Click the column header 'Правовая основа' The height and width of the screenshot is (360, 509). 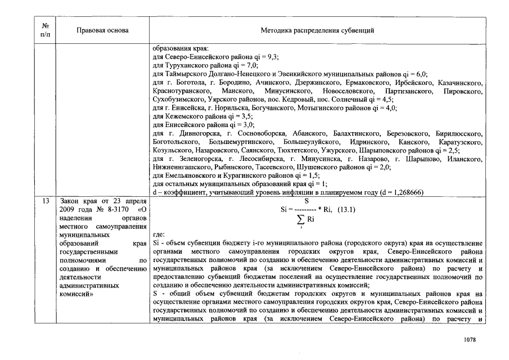tap(102, 30)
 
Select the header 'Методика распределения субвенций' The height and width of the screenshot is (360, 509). tap(318, 30)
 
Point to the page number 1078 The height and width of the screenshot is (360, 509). tap(470, 340)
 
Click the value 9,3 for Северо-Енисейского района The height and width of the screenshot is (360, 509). tap(272, 57)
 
